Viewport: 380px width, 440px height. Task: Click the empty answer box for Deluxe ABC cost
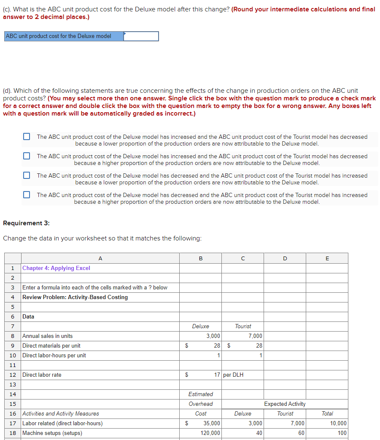(x=141, y=36)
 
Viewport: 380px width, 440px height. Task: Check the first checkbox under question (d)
(x=27, y=137)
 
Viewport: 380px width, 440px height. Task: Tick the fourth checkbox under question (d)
(x=27, y=195)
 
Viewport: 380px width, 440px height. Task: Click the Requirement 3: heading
(x=26, y=223)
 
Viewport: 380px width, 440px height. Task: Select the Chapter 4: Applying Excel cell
(x=56, y=268)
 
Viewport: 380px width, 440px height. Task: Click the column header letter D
(x=285, y=258)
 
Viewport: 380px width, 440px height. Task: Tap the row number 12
(x=13, y=375)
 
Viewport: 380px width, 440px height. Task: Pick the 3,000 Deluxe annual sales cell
(x=213, y=336)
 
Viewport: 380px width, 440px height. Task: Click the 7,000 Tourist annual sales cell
(x=255, y=336)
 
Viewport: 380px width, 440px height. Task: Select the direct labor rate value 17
(x=217, y=375)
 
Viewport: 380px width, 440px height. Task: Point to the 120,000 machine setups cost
(x=210, y=433)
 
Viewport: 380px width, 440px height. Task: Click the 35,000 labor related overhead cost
(x=211, y=423)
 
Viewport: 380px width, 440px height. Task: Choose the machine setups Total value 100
(x=342, y=433)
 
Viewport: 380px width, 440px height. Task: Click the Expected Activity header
(x=285, y=404)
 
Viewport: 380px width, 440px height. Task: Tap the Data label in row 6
(x=28, y=316)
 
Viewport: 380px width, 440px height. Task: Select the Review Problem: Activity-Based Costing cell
(x=75, y=297)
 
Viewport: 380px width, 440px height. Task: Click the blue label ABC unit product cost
(x=59, y=36)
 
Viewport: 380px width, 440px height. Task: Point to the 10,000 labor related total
(x=338, y=423)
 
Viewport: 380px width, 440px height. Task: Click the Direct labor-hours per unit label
(x=54, y=355)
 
